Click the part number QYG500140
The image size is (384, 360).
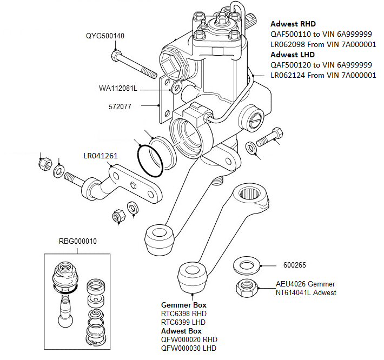point(105,36)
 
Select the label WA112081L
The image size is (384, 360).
point(118,88)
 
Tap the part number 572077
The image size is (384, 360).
point(120,106)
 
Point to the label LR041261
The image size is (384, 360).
point(101,156)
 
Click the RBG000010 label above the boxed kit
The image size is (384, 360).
point(77,241)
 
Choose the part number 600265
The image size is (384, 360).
point(294,265)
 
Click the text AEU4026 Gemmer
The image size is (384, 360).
point(305,284)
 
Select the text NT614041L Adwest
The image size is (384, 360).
point(306,292)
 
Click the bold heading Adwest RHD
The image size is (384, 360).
point(293,24)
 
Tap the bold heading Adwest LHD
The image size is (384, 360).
point(293,55)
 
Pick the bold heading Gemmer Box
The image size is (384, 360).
point(184,305)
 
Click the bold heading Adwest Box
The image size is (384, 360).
point(182,330)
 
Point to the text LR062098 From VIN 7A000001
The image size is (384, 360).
point(323,44)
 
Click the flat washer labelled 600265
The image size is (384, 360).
point(247,266)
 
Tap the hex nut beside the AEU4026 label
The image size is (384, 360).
point(246,288)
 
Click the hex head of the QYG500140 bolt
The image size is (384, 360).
point(115,55)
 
